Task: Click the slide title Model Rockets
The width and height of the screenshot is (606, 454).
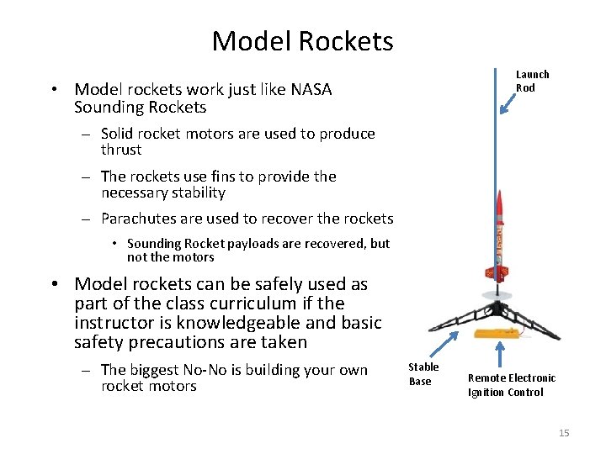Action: tap(302, 40)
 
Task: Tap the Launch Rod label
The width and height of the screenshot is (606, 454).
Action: tap(532, 82)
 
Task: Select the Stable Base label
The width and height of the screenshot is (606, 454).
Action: tap(423, 374)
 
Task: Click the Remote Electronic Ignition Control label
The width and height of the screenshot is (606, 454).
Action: tap(511, 385)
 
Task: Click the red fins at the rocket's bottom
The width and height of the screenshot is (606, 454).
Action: tap(497, 272)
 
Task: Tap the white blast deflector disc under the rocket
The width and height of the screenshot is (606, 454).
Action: tap(497, 295)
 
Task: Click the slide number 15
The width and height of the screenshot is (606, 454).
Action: tap(564, 433)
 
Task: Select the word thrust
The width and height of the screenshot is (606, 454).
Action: tap(121, 150)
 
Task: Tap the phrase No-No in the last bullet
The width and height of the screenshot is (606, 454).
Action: tap(231, 370)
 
